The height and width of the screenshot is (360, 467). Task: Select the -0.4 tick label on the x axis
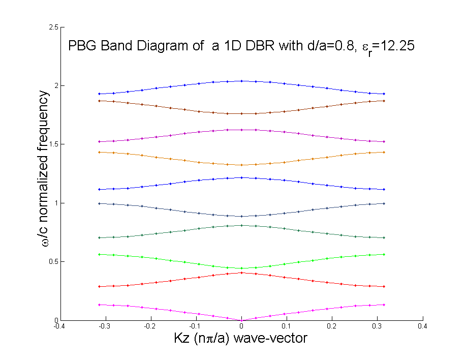[59, 326]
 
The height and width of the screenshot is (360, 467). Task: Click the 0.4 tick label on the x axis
[423, 326]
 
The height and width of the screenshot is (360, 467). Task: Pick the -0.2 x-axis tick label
[150, 326]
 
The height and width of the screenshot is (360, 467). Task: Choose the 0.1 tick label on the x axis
[287, 326]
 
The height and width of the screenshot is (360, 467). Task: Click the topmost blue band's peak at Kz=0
[241, 81]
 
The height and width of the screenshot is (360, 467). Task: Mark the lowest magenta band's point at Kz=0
[241, 320]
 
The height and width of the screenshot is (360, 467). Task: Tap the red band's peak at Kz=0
[241, 273]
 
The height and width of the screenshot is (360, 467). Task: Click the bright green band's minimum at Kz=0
[241, 268]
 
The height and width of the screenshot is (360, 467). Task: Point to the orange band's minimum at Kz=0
[241, 165]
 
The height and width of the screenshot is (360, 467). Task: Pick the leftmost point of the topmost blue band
[99, 94]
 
